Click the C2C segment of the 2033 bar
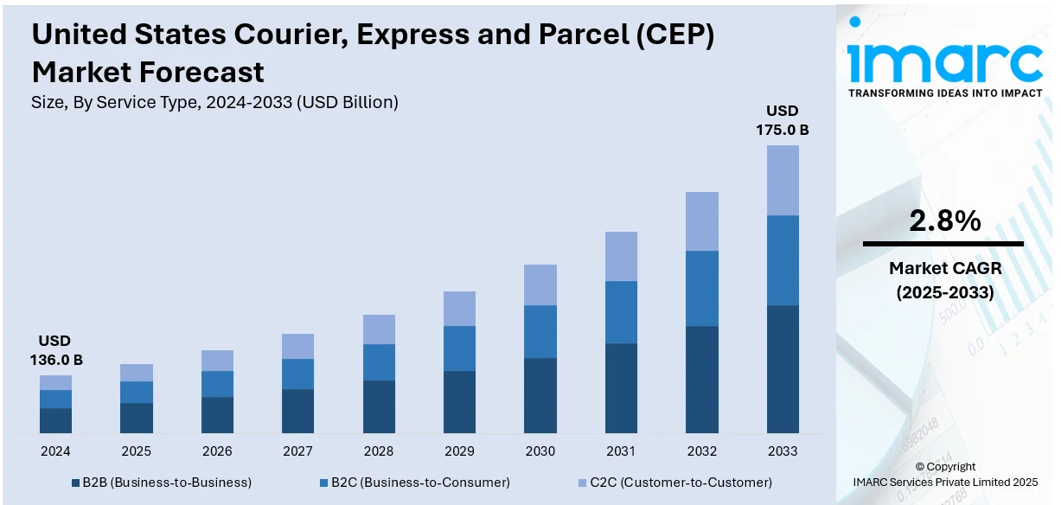tap(783, 180)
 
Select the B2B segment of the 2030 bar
tap(540, 395)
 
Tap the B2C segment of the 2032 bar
tap(702, 288)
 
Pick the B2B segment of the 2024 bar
tap(55, 420)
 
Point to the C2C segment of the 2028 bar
tap(379, 329)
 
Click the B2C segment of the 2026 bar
tap(217, 384)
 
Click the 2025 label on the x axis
tap(136, 451)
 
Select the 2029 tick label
tap(459, 451)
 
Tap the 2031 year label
tap(621, 451)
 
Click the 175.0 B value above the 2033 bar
tap(783, 130)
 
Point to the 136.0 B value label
tap(54, 360)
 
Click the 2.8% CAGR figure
tap(944, 221)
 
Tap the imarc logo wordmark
tap(945, 60)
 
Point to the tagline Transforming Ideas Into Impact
tap(945, 93)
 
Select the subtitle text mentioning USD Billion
tap(214, 102)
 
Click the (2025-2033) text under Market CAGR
tap(943, 293)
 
